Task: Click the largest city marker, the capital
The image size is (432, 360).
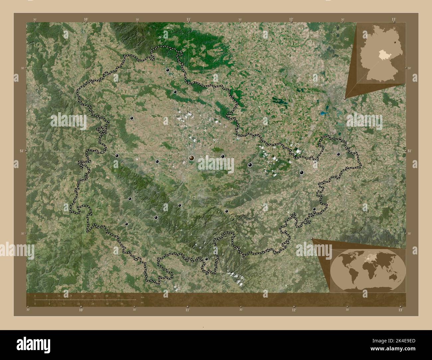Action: click(x=192, y=158)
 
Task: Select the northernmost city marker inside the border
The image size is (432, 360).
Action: click(x=168, y=70)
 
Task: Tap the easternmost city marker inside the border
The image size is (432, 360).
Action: click(x=338, y=154)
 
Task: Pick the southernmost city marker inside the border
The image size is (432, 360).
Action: click(x=206, y=259)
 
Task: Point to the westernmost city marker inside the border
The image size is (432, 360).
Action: click(x=117, y=155)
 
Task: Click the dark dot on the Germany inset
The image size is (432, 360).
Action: click(x=395, y=42)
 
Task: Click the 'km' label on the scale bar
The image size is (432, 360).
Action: click(x=143, y=297)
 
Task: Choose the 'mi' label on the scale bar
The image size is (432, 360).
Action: click(x=142, y=303)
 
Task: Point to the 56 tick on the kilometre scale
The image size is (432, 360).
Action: click(x=119, y=296)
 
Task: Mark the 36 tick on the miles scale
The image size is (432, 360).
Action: click(x=122, y=304)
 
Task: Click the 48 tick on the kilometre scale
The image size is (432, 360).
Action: click(x=107, y=296)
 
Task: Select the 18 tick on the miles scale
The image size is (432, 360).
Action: click(x=78, y=304)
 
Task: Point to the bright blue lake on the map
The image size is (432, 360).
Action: click(x=323, y=113)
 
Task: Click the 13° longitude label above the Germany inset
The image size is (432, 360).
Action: click(x=393, y=19)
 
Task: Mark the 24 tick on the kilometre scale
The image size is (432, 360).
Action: click(x=70, y=296)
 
